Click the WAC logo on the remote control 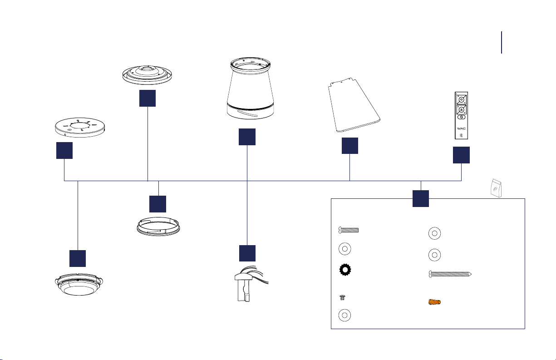(461, 128)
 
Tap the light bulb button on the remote (461, 135)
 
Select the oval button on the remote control (461, 117)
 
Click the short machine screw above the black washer (349, 230)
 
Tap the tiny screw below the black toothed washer (343, 297)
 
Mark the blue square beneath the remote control (461, 155)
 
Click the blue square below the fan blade (349, 145)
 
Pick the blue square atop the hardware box (421, 199)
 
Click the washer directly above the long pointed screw (434, 254)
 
